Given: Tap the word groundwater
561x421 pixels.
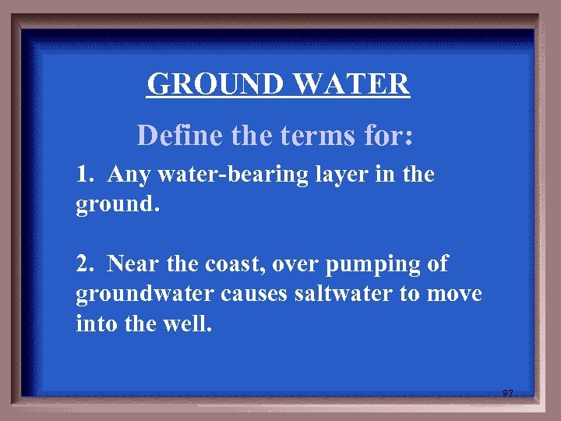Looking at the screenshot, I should (139, 295).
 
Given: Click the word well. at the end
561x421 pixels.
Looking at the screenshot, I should (187, 324).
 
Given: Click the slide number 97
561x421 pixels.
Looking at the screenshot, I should (507, 394).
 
